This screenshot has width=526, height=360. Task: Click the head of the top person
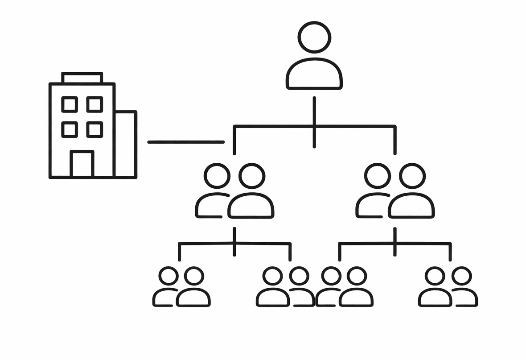tap(314, 37)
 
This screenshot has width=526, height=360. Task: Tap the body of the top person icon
tap(314, 74)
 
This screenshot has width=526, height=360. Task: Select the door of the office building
tap(82, 164)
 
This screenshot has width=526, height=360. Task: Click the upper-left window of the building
tap(70, 104)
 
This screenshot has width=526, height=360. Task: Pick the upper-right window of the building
tap(95, 104)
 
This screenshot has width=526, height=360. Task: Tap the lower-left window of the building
tap(70, 129)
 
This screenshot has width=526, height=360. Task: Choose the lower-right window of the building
tap(95, 129)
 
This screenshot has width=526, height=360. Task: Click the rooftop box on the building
tap(82, 78)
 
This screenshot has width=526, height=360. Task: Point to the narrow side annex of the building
tap(125, 144)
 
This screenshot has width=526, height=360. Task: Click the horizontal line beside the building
tap(185, 142)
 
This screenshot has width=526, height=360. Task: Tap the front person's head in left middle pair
tap(252, 176)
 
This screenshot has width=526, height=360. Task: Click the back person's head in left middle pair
tap(217, 176)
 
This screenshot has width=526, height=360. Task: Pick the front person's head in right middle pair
tap(412, 176)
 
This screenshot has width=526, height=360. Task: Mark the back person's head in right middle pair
tap(378, 176)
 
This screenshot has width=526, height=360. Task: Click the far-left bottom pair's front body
tap(193, 298)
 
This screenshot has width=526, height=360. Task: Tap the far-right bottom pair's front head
tap(435, 276)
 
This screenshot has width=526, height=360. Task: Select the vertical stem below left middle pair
tap(234, 241)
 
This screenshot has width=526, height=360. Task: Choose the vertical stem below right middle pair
tap(395, 241)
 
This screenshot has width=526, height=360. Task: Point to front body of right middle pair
tap(411, 206)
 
